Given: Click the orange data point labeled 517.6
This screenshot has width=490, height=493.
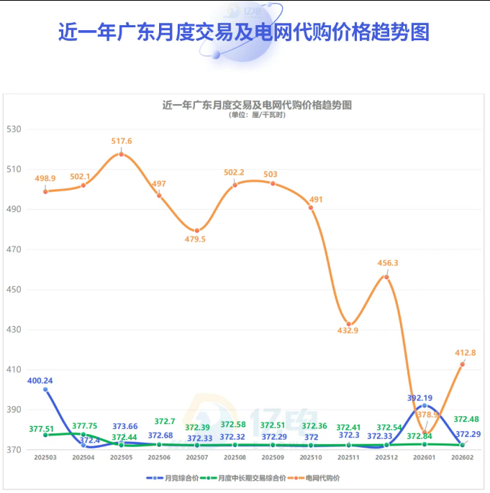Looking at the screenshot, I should (121, 154).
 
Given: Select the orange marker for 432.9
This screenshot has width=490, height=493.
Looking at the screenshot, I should (349, 324).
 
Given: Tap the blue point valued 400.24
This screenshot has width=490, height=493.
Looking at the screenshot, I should (45, 390).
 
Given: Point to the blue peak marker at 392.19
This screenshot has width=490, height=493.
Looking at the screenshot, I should (425, 406).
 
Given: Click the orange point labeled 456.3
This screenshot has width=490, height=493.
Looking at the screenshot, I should (386, 277).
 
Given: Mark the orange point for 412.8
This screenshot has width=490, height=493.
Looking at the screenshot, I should (463, 364).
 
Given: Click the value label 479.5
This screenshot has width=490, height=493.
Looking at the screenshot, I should (195, 239).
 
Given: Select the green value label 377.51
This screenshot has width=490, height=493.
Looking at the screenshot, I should (42, 428).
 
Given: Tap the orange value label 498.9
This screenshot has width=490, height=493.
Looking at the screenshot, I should (46, 178).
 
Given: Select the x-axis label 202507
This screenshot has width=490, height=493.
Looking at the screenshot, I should (197, 458).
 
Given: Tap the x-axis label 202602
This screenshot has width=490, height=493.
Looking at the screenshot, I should (463, 458).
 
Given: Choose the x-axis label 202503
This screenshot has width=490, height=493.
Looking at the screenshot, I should (45, 458).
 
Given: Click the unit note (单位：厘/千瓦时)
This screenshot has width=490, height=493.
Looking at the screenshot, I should (257, 115).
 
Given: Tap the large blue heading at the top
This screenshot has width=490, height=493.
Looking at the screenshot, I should (245, 32).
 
